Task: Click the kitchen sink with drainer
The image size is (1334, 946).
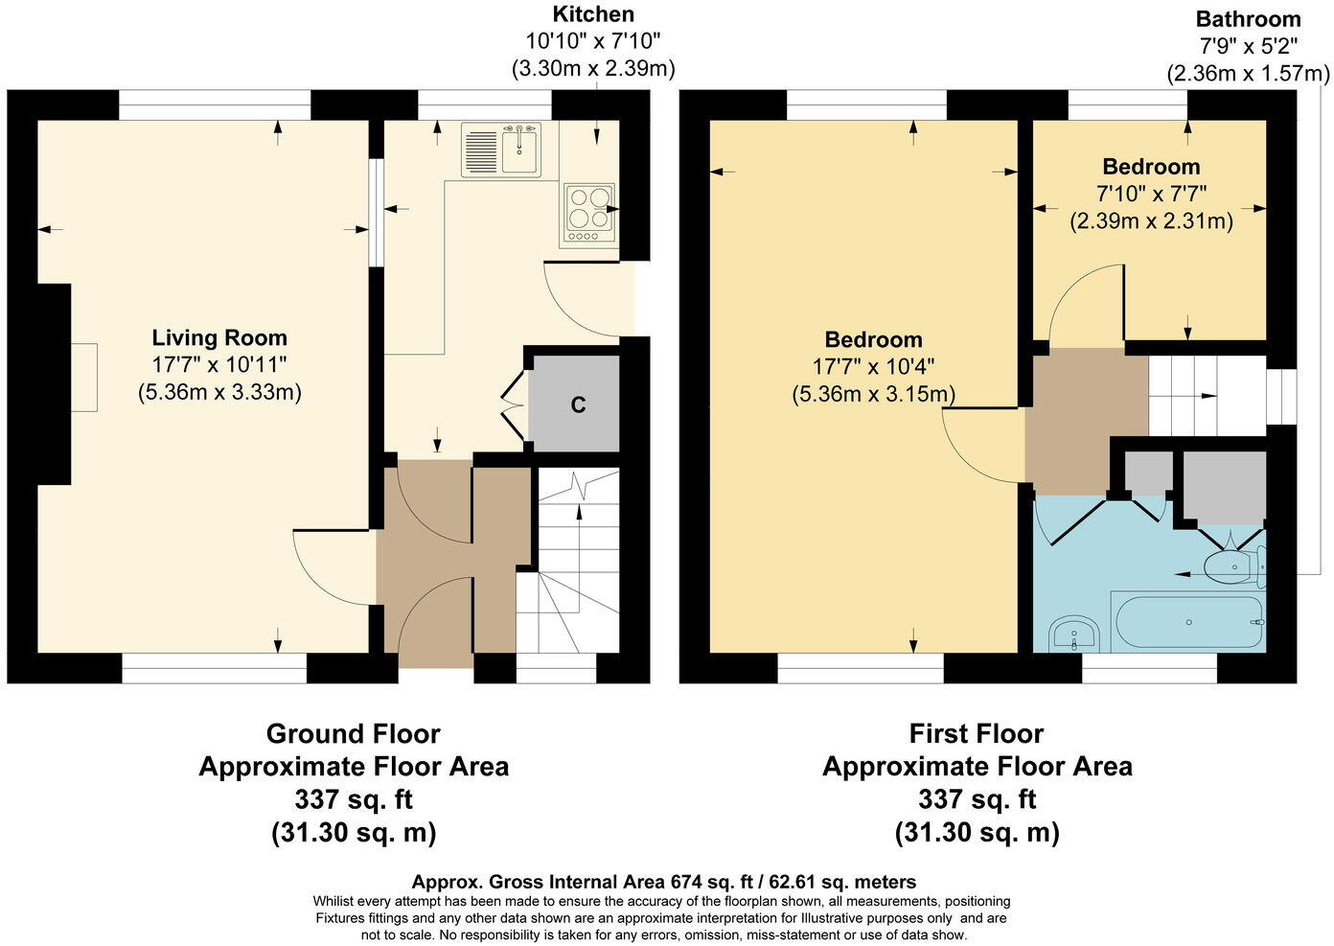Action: click(501, 150)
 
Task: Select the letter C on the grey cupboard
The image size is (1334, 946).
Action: click(578, 404)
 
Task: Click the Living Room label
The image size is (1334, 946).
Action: click(219, 337)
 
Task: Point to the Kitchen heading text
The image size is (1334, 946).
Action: click(593, 14)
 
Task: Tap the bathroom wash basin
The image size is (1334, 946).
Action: click(1073, 634)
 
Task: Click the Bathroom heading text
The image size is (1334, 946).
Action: click(1248, 19)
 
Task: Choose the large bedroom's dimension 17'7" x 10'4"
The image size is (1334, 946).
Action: click(873, 366)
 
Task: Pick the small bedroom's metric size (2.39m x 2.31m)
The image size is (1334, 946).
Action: click(1151, 220)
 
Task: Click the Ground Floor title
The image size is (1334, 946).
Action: click(353, 734)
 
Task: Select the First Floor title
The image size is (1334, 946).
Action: click(977, 734)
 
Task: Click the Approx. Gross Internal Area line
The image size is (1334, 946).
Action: click(663, 882)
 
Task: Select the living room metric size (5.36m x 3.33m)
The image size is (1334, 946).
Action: click(219, 392)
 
